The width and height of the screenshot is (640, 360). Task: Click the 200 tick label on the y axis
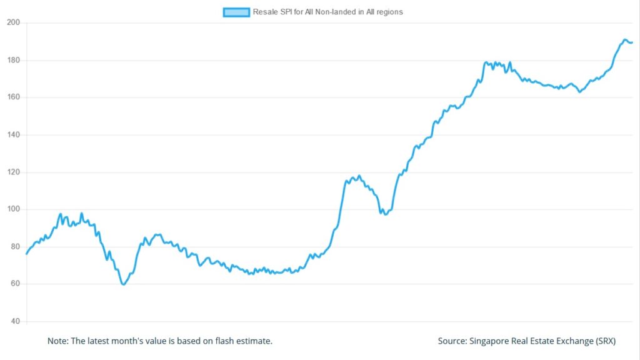(14, 22)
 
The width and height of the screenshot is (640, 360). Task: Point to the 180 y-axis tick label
(14, 60)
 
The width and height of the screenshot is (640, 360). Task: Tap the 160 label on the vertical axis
(14, 97)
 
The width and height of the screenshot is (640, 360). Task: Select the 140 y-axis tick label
(14, 135)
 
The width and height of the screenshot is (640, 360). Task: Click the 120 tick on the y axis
(14, 172)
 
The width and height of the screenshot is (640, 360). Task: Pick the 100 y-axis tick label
(14, 209)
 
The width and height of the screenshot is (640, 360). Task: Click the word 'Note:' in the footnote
(58, 341)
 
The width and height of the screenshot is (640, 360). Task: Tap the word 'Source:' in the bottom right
(452, 341)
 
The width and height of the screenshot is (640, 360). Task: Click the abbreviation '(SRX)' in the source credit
(605, 341)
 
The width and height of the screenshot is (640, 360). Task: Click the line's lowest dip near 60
(124, 284)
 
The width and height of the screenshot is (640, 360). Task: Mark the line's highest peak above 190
(625, 39)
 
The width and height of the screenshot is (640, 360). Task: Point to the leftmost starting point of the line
(26, 254)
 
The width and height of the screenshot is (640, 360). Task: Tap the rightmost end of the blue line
(632, 42)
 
